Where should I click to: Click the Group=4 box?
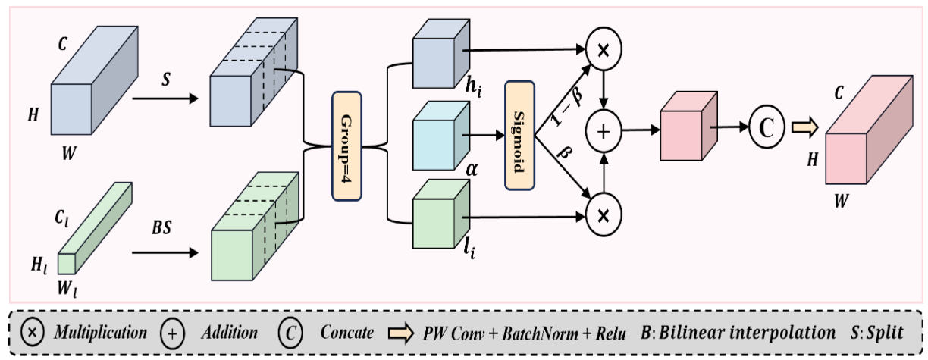pos(346,146)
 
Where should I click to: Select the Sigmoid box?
pos(519,136)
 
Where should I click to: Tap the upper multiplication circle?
pos(604,49)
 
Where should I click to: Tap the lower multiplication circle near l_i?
pos(604,215)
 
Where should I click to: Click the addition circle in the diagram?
pos(604,131)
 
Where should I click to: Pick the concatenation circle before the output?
pos(767,127)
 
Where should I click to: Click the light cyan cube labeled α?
pos(441,136)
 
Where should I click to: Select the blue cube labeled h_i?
pos(441,54)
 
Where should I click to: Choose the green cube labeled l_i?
pos(441,214)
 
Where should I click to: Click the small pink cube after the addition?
pos(688,126)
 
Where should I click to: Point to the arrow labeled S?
pos(165,99)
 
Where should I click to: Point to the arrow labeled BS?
pos(165,252)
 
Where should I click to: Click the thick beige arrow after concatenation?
pos(805,127)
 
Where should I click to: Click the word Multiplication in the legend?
pos(101,333)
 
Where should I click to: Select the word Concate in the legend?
pos(346,332)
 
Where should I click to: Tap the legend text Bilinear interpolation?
pos(747,333)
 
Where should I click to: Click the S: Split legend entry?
pos(877,333)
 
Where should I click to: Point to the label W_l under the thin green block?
pos(67,288)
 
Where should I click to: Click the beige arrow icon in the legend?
pos(400,333)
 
